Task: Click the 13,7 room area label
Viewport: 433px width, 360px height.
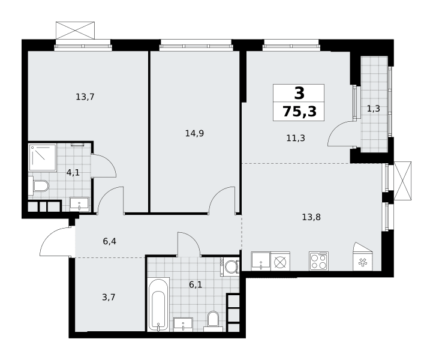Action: (85, 97)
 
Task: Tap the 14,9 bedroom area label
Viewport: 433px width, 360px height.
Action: (194, 133)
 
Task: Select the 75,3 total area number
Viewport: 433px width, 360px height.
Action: (300, 112)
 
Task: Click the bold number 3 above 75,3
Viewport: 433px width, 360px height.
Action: (299, 93)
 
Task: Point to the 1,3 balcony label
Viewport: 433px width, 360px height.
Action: (374, 109)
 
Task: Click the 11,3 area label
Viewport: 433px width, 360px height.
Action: (296, 138)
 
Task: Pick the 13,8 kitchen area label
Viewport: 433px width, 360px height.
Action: (311, 217)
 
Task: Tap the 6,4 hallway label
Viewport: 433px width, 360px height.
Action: (110, 241)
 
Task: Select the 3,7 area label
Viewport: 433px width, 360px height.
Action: (109, 298)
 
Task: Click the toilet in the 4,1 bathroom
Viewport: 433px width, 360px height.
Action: (38, 186)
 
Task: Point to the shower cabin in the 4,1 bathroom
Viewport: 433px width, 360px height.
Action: (43, 157)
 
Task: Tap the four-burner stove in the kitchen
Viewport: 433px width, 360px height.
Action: (318, 261)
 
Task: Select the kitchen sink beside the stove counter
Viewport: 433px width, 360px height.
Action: (261, 261)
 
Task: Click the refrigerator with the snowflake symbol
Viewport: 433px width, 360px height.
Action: (363, 256)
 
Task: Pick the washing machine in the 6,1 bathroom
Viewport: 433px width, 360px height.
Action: (230, 267)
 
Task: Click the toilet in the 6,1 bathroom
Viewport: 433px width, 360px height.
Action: (213, 322)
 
